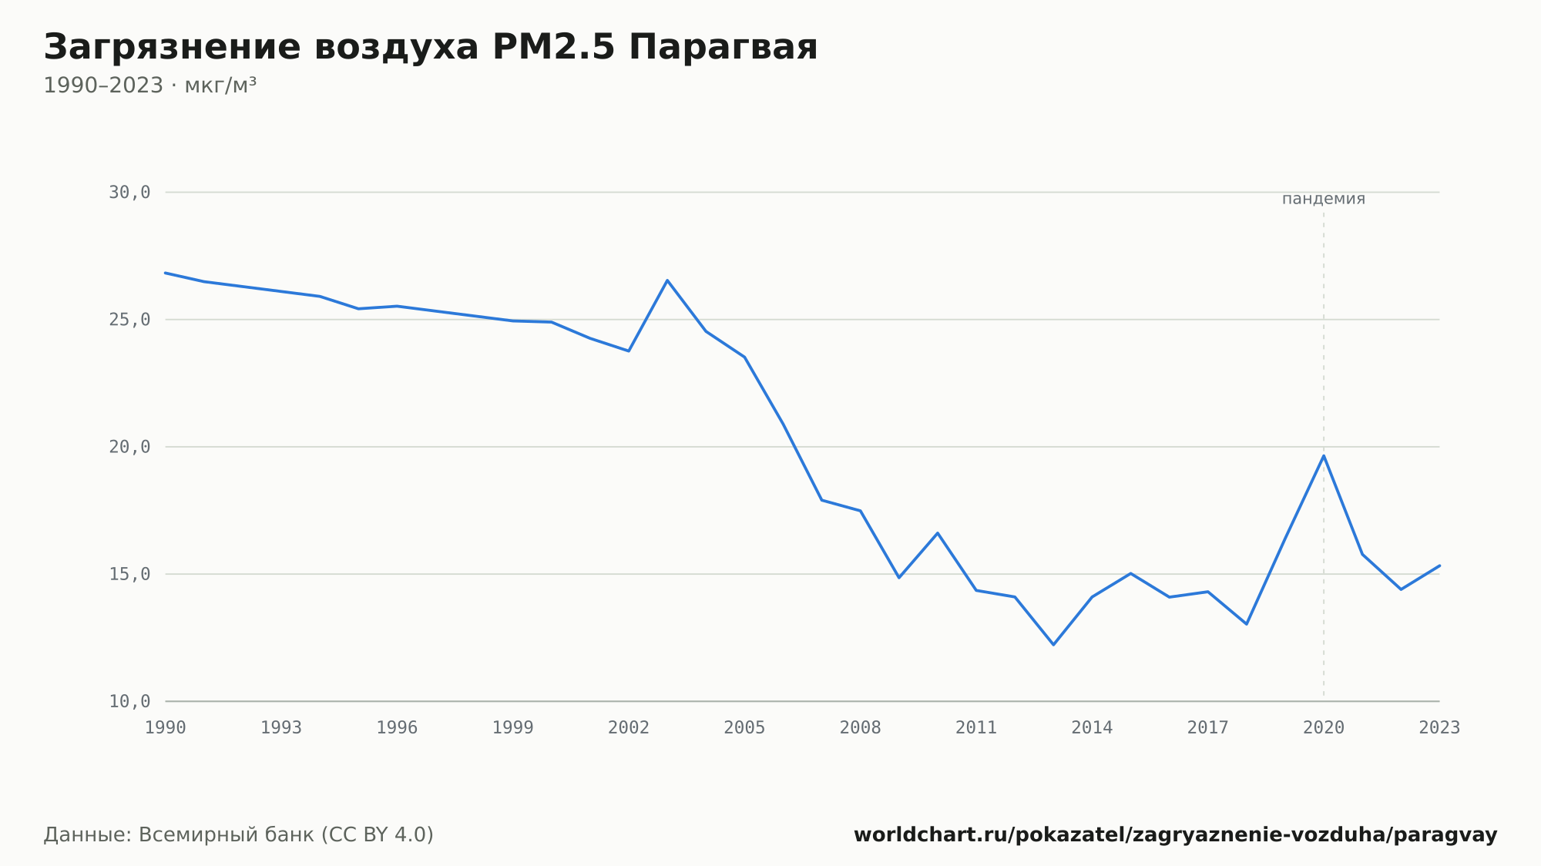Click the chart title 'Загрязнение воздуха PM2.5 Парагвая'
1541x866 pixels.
click(x=430, y=48)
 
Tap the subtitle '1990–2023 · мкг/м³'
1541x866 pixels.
click(x=149, y=86)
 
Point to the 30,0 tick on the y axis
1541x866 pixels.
click(x=129, y=193)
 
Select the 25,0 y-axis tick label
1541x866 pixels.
click(x=129, y=320)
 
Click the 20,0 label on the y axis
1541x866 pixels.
click(x=129, y=447)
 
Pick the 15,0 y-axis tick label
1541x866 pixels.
click(x=129, y=574)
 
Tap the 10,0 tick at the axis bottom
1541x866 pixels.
click(x=129, y=701)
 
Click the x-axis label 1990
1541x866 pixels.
click(x=166, y=728)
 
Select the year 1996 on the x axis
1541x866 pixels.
click(x=397, y=728)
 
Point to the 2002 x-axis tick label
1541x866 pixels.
click(x=629, y=728)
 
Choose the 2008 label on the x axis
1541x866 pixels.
click(x=861, y=728)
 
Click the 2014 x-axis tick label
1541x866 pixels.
click(x=1092, y=728)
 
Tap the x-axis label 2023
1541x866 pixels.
click(x=1439, y=728)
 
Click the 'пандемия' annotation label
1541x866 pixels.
click(x=1324, y=199)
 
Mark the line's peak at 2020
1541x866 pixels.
click(x=1324, y=455)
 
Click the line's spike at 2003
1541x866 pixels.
click(x=667, y=280)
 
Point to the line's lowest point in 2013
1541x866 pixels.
click(x=1053, y=644)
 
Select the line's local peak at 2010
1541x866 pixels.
click(x=938, y=533)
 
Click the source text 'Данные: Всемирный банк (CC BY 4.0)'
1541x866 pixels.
click(x=239, y=835)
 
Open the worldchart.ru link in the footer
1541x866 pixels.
click(x=1176, y=835)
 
